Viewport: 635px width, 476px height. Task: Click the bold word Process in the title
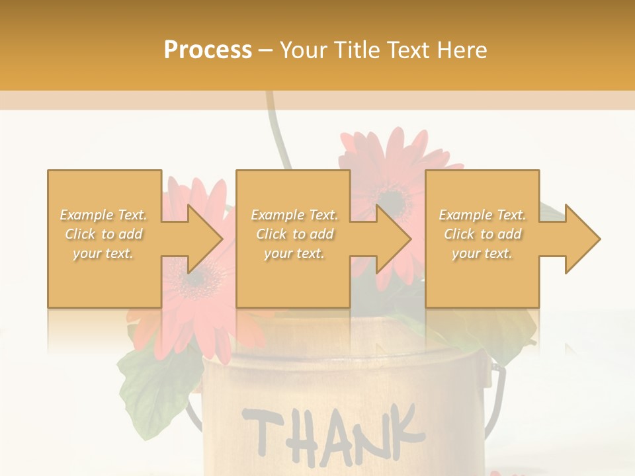[208, 50]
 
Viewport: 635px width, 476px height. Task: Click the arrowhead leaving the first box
[205, 239]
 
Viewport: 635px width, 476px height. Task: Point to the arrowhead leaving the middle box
[394, 239]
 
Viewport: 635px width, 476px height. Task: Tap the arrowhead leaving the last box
[582, 239]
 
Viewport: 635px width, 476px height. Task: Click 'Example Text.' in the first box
[104, 215]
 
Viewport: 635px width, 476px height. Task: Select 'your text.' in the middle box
[294, 253]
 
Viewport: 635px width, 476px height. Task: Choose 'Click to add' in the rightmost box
[483, 234]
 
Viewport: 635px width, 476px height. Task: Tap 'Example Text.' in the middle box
[294, 215]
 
